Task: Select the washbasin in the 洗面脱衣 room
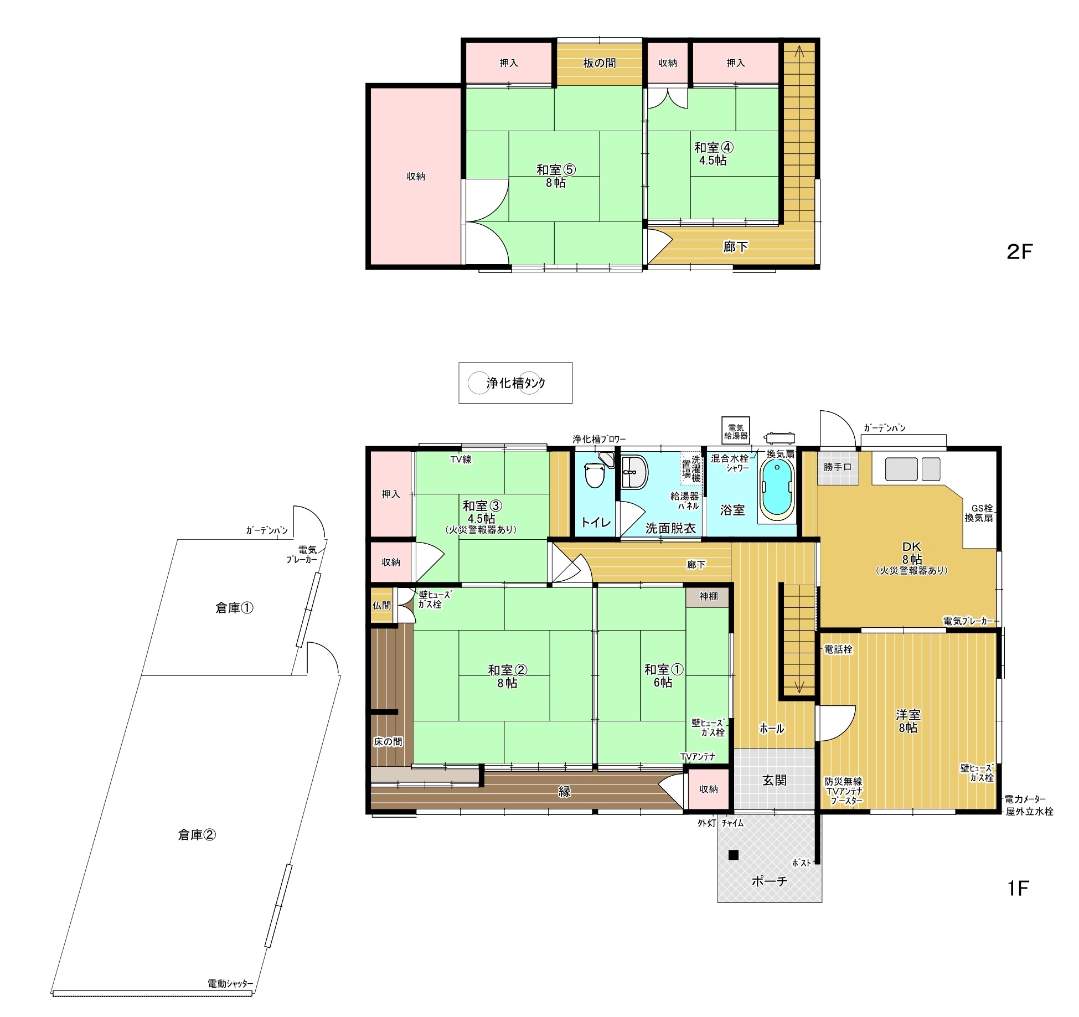(x=634, y=473)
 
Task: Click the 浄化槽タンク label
(x=515, y=383)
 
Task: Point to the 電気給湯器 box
(x=736, y=431)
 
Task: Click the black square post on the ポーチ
(x=734, y=855)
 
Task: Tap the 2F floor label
(x=1020, y=252)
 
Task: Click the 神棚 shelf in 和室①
(x=708, y=596)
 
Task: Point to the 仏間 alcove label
(x=381, y=605)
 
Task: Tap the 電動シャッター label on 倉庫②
(x=230, y=984)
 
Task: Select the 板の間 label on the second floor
(x=600, y=63)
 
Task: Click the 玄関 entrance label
(x=774, y=781)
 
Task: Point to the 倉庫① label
(x=234, y=608)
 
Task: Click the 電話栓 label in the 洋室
(x=838, y=650)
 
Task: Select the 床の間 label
(x=388, y=742)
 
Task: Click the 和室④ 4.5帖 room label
(x=714, y=154)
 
